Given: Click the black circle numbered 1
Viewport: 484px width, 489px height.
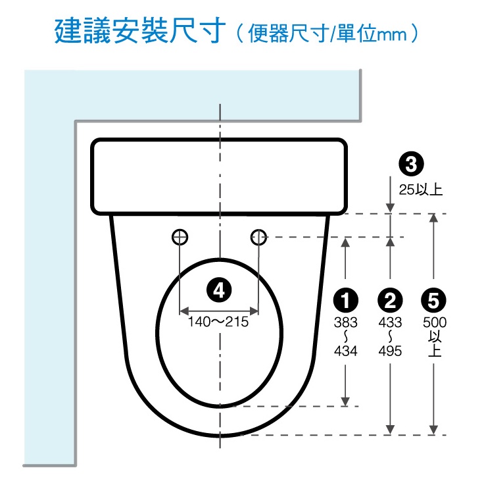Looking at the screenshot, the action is pos(345,300).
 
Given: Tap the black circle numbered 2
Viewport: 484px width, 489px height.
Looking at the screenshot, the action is pos(390,300).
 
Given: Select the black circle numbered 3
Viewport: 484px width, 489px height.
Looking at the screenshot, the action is pos(411,164).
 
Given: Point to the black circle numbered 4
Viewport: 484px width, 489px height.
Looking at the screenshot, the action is pos(219,290).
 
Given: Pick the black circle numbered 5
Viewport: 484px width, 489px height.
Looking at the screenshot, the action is pos(433,300).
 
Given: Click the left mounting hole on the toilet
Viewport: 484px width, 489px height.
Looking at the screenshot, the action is pos(180,237).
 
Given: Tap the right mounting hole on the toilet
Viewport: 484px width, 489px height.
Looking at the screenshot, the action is pos(258,237).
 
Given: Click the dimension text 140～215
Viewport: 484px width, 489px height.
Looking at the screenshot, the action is pos(218,322).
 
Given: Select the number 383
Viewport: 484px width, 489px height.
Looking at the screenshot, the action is pos(345,322).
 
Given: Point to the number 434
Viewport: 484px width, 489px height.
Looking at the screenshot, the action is pos(345,351).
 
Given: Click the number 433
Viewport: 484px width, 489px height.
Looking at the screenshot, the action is pos(390,322).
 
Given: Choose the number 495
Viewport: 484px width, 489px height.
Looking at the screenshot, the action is pos(390,351).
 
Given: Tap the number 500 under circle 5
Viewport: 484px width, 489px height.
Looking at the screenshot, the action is pos(435,322).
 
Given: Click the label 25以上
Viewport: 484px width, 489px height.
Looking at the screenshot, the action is pos(420,190).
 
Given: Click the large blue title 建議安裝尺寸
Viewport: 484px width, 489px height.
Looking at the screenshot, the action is pos(140,30).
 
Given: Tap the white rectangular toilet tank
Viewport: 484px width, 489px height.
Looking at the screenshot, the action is pos(219,176).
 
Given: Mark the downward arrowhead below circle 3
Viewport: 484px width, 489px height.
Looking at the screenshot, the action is pos(390,208).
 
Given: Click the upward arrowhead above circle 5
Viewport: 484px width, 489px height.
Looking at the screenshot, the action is pos(433,219).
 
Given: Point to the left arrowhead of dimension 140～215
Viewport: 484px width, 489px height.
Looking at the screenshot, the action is pos(185,311).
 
